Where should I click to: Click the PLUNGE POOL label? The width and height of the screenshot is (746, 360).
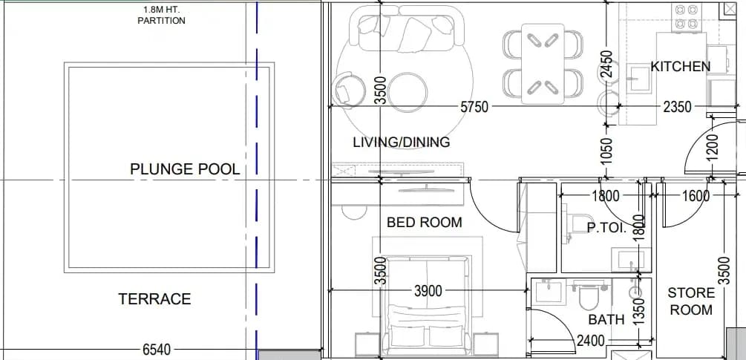coord(185,169)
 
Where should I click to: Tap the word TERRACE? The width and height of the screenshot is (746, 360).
coord(154,299)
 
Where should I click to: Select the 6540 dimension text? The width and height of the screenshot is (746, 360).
coord(157,350)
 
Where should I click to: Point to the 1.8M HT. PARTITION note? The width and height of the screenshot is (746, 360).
coord(161,15)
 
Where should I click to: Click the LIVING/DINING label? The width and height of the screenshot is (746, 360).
coord(402,142)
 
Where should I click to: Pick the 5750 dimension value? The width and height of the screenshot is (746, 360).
coord(474,107)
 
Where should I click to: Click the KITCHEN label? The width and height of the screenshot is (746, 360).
coord(681,67)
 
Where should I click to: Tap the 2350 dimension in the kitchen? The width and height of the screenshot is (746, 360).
coord(677,107)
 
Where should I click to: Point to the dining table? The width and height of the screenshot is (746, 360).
coord(543,64)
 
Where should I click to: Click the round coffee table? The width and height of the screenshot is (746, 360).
coord(408,92)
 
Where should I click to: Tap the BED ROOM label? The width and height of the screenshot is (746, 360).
coord(425,222)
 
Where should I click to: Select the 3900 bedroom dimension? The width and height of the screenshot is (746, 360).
coord(428,291)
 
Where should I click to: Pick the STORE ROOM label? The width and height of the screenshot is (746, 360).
coord(691,301)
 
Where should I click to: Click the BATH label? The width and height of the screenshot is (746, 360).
coord(606,320)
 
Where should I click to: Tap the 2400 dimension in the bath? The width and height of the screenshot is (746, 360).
coord(590,341)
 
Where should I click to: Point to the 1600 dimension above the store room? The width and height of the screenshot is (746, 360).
coord(696,195)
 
